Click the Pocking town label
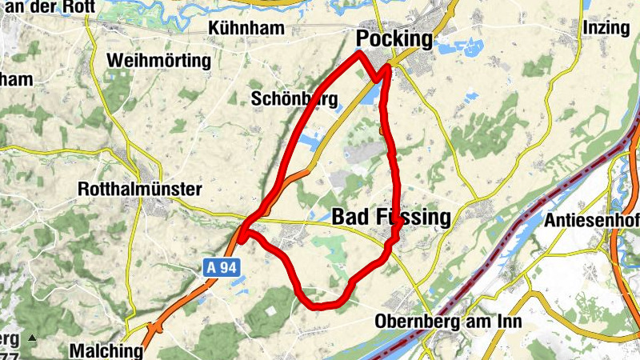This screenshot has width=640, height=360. pyautogui.click(x=394, y=38)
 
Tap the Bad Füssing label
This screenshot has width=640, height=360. pyautogui.click(x=391, y=217)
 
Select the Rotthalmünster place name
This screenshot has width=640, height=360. pyautogui.click(x=140, y=189)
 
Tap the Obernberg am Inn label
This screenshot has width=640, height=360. pyautogui.click(x=448, y=322)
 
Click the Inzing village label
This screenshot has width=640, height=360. pyautogui.click(x=606, y=28)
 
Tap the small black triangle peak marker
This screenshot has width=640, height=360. pyautogui.click(x=32, y=339)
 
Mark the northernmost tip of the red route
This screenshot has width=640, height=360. pyautogui.click(x=359, y=53)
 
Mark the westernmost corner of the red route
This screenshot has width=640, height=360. pyautogui.click(x=240, y=232)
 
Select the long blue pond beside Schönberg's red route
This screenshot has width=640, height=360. pyautogui.click(x=309, y=144)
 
